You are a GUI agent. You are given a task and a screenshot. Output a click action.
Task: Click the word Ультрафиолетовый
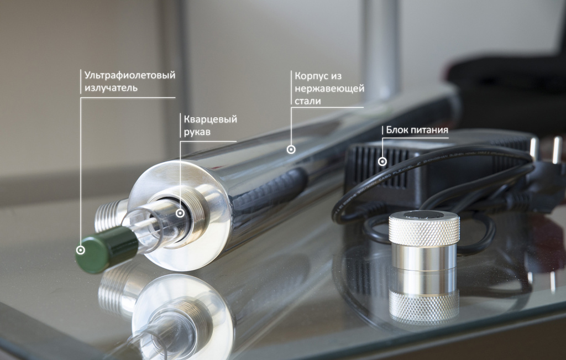(x=130, y=75)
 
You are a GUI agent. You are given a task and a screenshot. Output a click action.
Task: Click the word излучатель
(x=111, y=88)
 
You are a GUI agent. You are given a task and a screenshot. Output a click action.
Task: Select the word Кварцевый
(x=211, y=119)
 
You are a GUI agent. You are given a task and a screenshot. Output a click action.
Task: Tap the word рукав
(x=197, y=132)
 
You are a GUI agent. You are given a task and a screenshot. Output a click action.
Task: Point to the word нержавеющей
(x=329, y=88)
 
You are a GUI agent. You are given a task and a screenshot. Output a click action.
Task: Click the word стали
(x=307, y=101)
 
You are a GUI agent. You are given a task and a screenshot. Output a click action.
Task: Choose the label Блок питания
(x=417, y=130)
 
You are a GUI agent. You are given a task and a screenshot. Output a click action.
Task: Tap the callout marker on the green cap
(x=81, y=250)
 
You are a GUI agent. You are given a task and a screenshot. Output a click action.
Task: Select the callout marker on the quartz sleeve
(x=180, y=213)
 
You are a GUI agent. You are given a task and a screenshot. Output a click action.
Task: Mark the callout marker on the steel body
(x=291, y=149)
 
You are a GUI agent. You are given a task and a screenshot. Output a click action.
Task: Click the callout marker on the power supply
(x=382, y=161)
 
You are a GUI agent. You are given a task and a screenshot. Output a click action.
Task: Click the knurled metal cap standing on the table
(x=424, y=239)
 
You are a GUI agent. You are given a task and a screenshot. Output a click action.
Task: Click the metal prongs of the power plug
(x=546, y=149)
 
